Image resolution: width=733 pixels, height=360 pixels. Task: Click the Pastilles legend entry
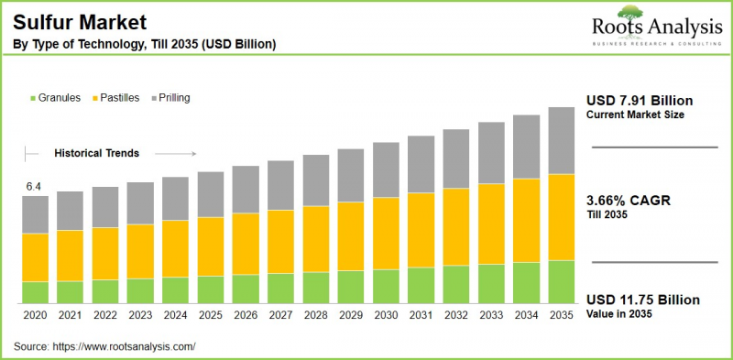[x=119, y=96]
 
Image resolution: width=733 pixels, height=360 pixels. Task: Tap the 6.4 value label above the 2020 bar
[x=34, y=187]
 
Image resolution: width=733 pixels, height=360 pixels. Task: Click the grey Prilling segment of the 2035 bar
[x=561, y=140]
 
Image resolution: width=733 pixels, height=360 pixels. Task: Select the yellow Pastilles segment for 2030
[x=386, y=233]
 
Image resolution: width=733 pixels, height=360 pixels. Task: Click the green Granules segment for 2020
[x=35, y=292]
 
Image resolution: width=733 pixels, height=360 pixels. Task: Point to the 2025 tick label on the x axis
[x=210, y=314]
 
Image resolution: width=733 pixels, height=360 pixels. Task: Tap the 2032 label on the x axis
[x=455, y=314]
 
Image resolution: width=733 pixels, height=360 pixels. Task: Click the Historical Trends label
[x=96, y=153]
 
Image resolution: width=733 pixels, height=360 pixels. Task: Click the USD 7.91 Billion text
[x=640, y=100]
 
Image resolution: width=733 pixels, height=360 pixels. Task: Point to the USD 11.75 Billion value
[x=643, y=300]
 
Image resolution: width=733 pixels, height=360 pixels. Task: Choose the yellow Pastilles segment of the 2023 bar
[x=140, y=251]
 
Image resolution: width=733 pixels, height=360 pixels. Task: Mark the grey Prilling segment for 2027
[x=280, y=185]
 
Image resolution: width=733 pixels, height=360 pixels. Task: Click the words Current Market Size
[x=634, y=115]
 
